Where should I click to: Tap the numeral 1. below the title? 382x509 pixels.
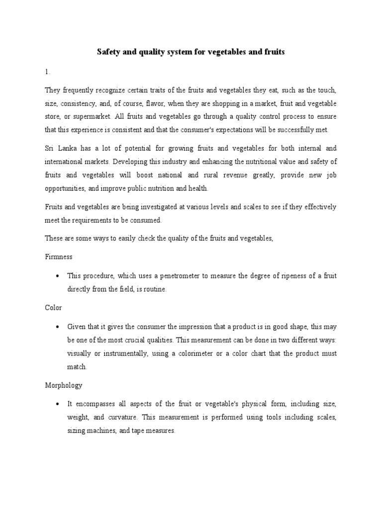tap(47, 72)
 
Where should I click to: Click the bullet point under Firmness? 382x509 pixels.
tap(59, 276)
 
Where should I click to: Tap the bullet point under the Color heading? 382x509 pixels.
tap(59, 327)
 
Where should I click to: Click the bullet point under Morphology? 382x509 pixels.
tap(59, 405)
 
